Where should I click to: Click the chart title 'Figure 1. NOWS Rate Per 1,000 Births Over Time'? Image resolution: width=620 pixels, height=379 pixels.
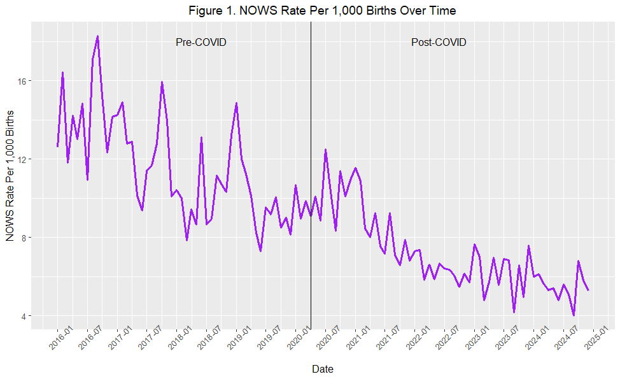click(x=322, y=10)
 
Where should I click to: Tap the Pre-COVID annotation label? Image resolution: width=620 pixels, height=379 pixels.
click(x=201, y=42)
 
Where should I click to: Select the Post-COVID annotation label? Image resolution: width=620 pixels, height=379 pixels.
click(x=439, y=42)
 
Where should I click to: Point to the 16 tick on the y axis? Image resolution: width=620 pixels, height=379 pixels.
click(x=22, y=81)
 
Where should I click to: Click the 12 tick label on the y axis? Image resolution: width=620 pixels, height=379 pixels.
click(x=22, y=159)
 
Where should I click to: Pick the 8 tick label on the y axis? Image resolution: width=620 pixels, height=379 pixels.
click(x=24, y=238)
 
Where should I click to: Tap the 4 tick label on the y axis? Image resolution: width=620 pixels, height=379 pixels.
click(x=24, y=316)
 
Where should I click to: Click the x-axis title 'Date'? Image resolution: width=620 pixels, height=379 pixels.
click(x=323, y=369)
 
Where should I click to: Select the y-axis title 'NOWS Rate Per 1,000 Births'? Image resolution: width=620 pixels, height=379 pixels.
click(x=10, y=176)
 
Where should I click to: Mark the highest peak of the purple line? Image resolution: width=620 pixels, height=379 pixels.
click(x=97, y=36)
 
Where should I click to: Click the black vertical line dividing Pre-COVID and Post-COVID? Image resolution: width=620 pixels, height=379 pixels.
click(x=311, y=175)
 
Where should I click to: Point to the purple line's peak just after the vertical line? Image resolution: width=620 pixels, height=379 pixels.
click(x=325, y=150)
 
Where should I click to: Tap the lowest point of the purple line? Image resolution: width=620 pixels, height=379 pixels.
click(x=574, y=315)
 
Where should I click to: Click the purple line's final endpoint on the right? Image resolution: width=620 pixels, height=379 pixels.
click(x=588, y=290)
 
